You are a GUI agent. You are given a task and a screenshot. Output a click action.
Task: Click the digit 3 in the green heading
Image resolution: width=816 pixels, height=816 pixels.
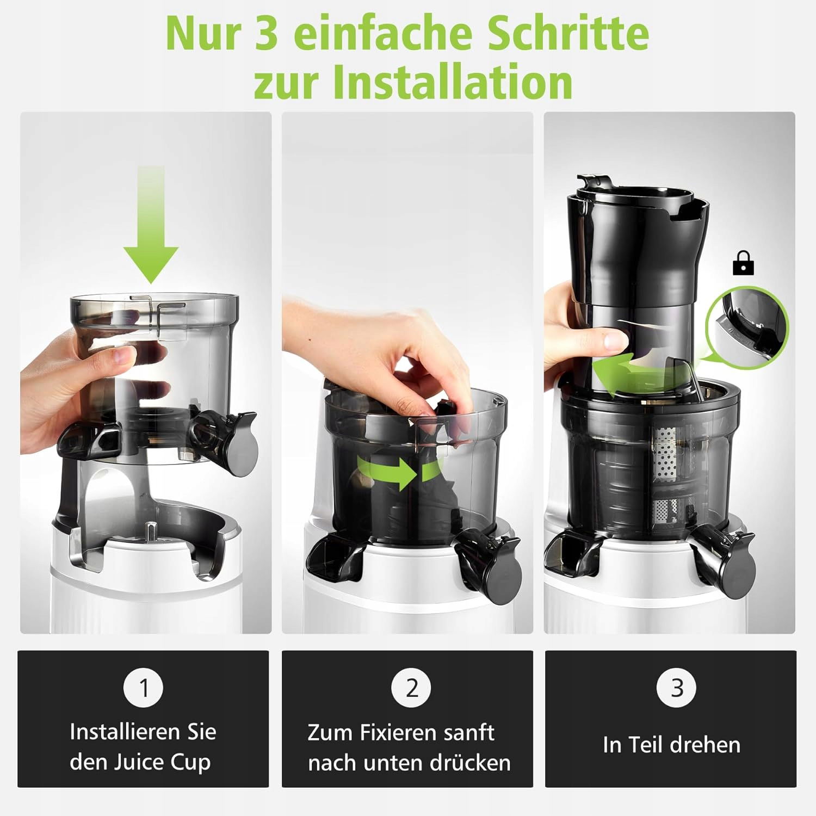265,34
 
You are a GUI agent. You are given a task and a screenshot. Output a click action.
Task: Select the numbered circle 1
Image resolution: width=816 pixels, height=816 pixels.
144,688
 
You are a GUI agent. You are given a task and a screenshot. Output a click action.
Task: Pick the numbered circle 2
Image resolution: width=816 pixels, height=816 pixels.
412,688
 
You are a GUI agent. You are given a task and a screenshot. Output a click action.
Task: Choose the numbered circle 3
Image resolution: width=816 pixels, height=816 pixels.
677,688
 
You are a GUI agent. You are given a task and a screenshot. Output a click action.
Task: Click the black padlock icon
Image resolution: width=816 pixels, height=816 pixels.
743,262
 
